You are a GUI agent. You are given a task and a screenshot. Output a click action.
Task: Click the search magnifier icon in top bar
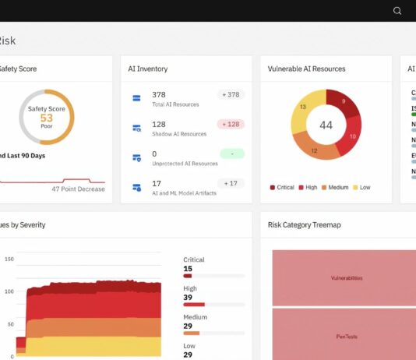397,11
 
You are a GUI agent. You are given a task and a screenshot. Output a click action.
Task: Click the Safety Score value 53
47,118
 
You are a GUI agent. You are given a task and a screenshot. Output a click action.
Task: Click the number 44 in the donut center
326,125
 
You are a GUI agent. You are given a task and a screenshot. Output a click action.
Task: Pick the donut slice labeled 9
344,101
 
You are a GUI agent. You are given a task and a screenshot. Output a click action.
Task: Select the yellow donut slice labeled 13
302,107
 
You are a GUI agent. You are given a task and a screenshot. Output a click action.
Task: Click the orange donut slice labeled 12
313,150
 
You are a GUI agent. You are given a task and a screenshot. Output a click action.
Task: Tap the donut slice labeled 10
352,136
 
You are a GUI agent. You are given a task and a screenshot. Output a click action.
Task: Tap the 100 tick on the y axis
9,291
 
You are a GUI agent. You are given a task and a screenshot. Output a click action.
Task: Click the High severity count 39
188,298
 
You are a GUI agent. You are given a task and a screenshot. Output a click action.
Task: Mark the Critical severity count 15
188,269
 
